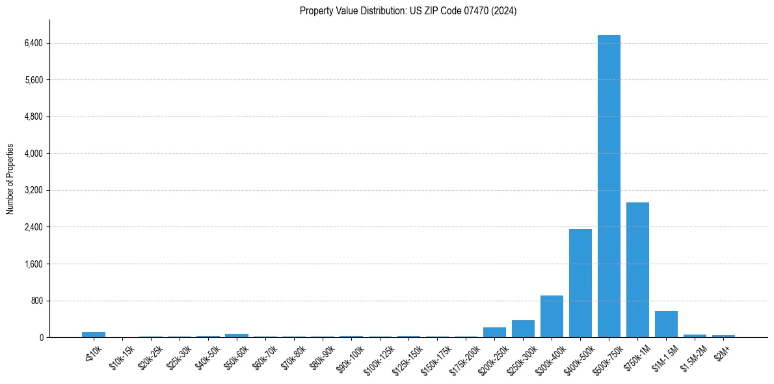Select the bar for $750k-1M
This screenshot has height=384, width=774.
(637, 269)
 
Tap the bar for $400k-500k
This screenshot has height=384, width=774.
(580, 283)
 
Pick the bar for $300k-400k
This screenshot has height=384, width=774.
(552, 316)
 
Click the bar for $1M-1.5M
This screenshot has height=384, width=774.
(666, 324)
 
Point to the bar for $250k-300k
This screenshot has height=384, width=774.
(523, 329)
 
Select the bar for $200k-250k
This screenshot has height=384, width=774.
(494, 332)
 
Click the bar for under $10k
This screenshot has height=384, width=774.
(94, 335)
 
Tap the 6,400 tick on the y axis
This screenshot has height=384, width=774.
(33, 44)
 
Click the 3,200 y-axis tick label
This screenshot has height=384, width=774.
(33, 191)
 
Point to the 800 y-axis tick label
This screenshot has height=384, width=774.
(36, 301)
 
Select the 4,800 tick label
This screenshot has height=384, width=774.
(33, 117)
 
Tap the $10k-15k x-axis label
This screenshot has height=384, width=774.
(122, 357)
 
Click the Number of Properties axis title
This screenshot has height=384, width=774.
(10, 179)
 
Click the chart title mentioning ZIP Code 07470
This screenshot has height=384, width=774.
(408, 10)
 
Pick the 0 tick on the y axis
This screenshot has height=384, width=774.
(40, 338)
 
